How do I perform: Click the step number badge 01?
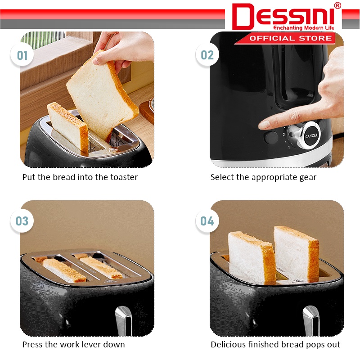(x=22, y=55)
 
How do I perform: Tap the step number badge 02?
(x=207, y=55)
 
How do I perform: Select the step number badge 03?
(x=22, y=221)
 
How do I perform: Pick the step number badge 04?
(x=207, y=221)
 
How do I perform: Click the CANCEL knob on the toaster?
(x=311, y=135)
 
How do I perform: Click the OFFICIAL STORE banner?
(x=290, y=38)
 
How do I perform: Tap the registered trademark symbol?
(x=337, y=5)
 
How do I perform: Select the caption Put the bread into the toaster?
(x=80, y=177)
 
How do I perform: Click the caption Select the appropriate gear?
(x=263, y=177)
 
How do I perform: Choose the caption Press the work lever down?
(x=73, y=345)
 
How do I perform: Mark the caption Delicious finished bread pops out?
(x=275, y=345)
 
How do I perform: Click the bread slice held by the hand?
(x=101, y=97)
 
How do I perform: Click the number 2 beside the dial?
(x=284, y=135)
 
